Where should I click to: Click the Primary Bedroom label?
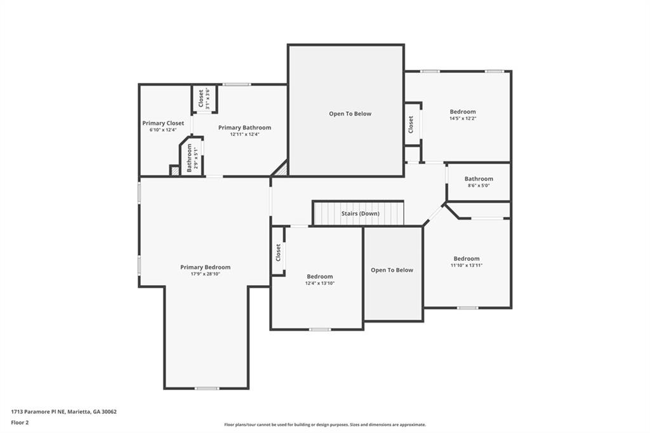coord(205,267)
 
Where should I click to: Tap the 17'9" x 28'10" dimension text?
coord(205,274)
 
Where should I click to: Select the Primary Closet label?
coord(163,123)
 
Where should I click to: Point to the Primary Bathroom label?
coord(244,128)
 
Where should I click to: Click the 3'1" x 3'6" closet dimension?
coord(208,98)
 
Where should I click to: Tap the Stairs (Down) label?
coord(361,213)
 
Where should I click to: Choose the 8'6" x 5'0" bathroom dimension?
coord(479,186)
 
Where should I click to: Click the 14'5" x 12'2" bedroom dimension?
coord(463,118)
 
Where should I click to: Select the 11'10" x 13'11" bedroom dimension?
coord(467,265)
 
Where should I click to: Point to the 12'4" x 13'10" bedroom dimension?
coord(320,283)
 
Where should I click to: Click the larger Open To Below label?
coord(350,114)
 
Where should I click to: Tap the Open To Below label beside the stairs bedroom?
coord(392,270)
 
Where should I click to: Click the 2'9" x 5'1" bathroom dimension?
coord(196,158)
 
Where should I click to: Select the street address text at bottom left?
coord(64,412)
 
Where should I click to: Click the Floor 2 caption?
coord(20,423)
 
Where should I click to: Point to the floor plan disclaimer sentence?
coord(325,425)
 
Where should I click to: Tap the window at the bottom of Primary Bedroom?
coord(207,388)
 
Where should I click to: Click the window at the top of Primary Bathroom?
coord(236,84)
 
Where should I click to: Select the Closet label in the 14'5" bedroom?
coord(411,124)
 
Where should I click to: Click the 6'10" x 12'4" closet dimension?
coord(163,130)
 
